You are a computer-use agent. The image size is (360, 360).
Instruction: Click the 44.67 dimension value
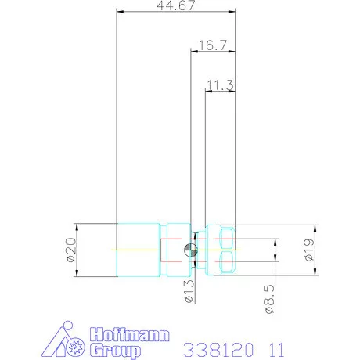click(x=175, y=5)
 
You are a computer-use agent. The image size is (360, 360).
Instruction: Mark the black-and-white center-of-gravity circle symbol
click(x=190, y=250)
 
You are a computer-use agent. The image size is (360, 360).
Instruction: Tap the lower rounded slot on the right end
click(x=227, y=262)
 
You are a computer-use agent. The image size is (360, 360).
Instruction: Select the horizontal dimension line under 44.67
click(x=175, y=12)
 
